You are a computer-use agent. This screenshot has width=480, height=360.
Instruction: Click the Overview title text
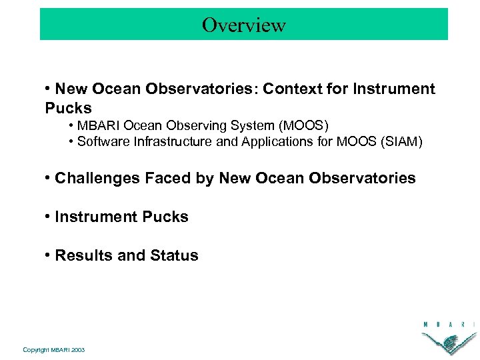(x=244, y=25)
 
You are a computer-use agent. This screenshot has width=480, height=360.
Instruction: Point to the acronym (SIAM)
(x=402, y=141)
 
